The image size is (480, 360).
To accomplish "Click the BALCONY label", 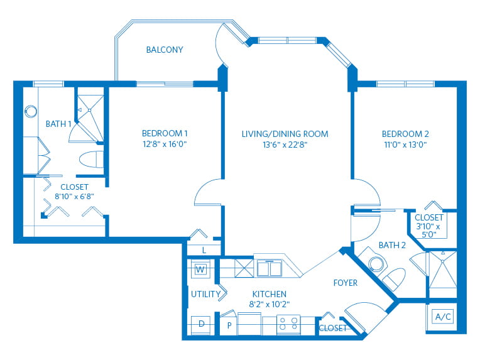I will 164,50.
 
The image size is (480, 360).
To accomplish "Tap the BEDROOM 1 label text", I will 165,133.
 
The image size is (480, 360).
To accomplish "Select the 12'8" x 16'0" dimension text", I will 165,145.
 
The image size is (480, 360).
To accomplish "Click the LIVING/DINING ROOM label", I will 285,134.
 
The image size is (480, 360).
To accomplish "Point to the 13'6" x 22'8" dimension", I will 285,145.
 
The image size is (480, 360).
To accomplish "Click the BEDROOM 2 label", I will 405,134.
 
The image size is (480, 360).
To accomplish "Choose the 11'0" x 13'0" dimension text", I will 405,145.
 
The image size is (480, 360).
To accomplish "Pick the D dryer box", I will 201,324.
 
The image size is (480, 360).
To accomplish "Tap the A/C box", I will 444,317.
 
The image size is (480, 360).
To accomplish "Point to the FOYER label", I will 345,283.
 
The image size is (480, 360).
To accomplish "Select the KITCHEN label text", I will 270,294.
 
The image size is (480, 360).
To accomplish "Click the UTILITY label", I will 205,294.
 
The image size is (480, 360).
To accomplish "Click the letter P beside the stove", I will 229,325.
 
